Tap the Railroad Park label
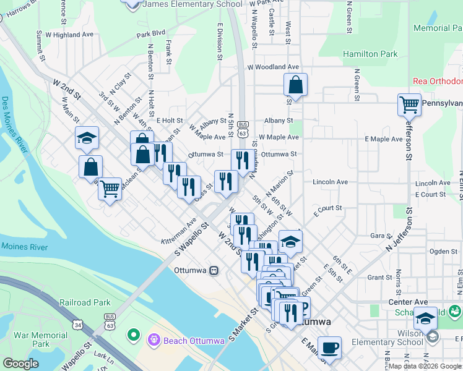click(x=85, y=303)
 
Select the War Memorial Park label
click(x=41, y=339)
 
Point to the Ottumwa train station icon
click(x=214, y=270)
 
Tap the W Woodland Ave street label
click(x=273, y=67)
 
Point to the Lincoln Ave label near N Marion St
click(x=330, y=182)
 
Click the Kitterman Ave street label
click(x=179, y=230)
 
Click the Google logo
click(x=21, y=364)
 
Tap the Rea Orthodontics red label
click(x=438, y=82)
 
